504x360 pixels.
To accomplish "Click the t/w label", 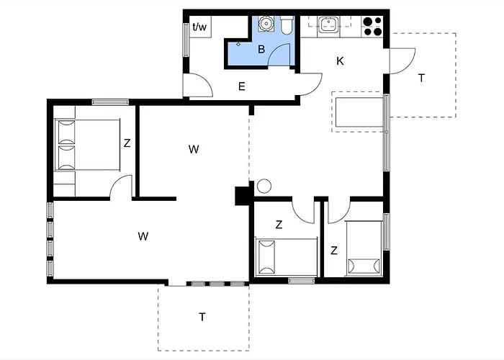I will pos(199,27).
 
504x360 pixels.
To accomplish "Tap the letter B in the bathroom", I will pos(262,50).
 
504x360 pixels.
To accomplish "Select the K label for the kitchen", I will pos(340,60).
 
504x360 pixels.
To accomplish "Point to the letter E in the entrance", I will pos(242,86).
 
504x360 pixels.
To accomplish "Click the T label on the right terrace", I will pos(421,78).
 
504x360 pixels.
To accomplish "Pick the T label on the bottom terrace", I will pos(202,316).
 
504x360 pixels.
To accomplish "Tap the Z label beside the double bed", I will pos(127,143).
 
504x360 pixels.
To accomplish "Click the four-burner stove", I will pos(372,26).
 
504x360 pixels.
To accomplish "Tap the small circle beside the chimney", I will pos(264,186).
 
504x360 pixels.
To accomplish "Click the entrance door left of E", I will pos(197,86).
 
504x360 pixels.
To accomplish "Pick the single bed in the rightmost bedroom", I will pos(364,248).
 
